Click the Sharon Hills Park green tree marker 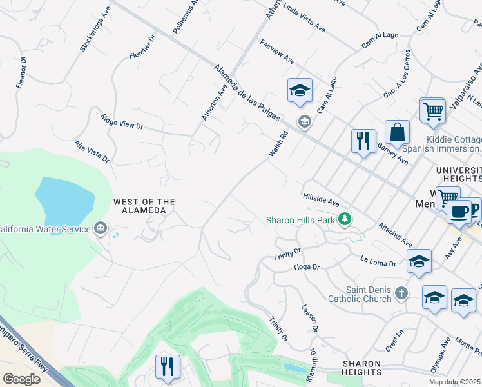345,220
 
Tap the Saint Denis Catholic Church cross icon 401,293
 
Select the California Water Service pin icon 101,228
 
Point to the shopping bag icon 398,133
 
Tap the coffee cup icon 458,212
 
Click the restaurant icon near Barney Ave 363,141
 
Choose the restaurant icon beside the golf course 168,367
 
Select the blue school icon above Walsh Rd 300,91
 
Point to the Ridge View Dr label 122,122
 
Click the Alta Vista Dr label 92,151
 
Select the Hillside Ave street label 321,199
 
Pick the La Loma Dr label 378,261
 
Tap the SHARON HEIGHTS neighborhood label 361,368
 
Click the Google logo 21,379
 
